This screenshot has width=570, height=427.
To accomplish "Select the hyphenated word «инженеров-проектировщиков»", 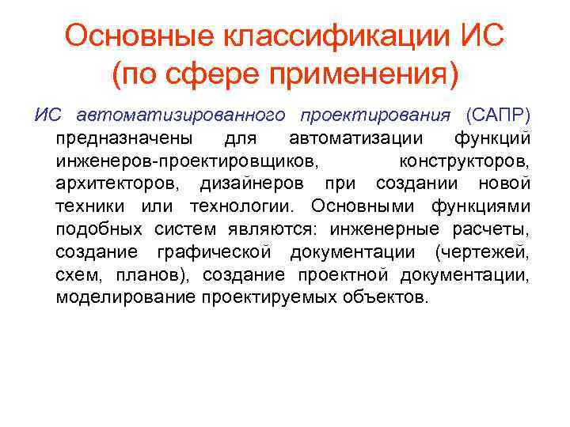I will (188, 161).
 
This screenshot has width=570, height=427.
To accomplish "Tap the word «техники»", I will (89, 207).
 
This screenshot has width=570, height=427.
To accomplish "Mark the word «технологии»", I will (240, 207).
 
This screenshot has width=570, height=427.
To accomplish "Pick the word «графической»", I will (221, 253).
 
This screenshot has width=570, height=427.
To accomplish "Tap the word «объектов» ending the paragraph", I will (390, 298).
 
